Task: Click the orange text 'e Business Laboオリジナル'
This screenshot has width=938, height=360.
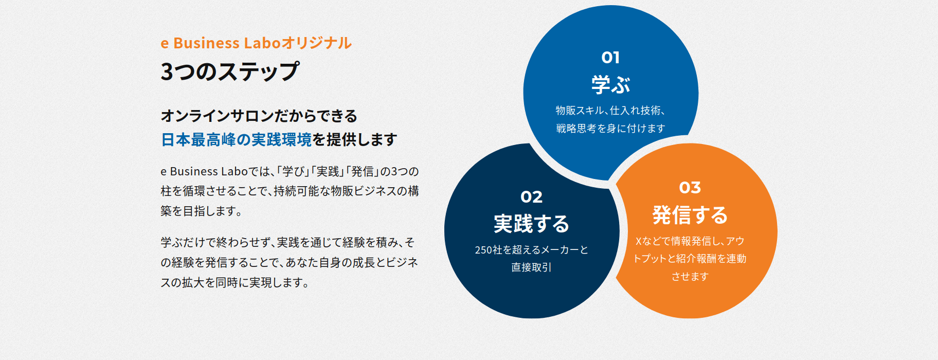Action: coord(256,43)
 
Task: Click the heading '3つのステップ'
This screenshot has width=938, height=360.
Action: coord(229,71)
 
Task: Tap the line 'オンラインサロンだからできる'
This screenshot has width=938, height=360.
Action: coord(259,116)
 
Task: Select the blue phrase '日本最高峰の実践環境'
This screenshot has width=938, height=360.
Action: coord(237,139)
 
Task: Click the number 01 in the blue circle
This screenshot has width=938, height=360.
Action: coord(610,57)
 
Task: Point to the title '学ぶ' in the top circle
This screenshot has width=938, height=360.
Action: coord(610,85)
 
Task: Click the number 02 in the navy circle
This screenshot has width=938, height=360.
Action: coord(531,196)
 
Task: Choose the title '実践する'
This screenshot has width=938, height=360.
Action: coord(531,224)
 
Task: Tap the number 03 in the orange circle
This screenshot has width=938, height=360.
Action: coord(690,188)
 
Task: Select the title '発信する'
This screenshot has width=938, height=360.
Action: coord(690,215)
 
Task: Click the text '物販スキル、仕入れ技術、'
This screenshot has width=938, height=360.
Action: coord(610,111)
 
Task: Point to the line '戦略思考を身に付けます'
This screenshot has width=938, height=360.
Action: coord(610,128)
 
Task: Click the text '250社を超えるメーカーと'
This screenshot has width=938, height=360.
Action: coord(531,250)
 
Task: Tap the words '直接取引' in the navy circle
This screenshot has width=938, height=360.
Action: coord(531,267)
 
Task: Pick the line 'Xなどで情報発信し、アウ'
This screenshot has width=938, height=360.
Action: coord(690,241)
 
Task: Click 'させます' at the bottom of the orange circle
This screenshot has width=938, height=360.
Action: coord(690,276)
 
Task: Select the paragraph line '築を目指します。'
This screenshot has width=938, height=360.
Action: coord(202,211)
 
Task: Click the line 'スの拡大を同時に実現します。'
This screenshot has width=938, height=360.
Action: coord(235,282)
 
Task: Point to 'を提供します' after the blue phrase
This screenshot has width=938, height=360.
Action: coord(355,139)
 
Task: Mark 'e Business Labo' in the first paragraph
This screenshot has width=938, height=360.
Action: coord(204,171)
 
